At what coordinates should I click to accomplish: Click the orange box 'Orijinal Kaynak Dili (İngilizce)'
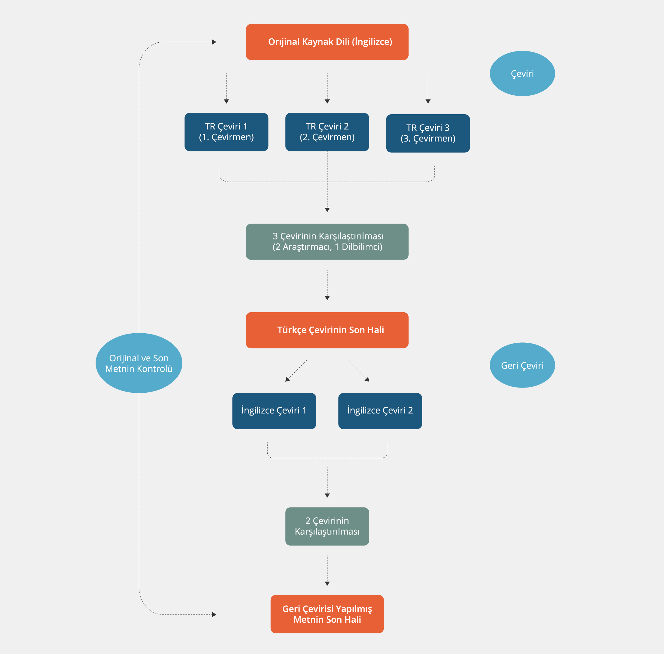tap(327, 42)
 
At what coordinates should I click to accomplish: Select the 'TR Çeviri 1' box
tap(226, 132)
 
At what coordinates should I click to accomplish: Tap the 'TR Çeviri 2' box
tap(327, 132)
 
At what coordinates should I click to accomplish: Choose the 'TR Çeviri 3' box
tap(427, 133)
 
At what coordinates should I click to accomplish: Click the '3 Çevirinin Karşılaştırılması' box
tap(327, 242)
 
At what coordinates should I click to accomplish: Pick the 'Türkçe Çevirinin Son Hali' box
tap(327, 330)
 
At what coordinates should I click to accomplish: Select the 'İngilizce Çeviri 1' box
tap(274, 411)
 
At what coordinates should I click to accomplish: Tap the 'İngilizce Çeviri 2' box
tap(380, 411)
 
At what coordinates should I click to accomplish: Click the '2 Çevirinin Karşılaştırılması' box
tap(327, 526)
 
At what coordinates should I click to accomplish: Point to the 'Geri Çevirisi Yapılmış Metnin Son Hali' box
tap(327, 614)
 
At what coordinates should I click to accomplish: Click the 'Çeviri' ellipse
tap(522, 74)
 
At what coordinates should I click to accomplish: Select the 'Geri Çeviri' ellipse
tap(522, 365)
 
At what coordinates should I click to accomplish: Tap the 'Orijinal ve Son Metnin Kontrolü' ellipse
tap(139, 363)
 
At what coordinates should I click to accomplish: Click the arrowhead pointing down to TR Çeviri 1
tap(226, 101)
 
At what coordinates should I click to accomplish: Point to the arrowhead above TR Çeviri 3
tap(428, 101)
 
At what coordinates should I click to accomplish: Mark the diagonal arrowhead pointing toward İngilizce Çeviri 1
tap(287, 379)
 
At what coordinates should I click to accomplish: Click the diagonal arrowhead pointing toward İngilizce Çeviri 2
tap(367, 379)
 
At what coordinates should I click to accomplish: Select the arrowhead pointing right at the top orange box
tap(214, 42)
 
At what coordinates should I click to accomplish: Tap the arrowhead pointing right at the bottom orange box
tap(214, 614)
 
